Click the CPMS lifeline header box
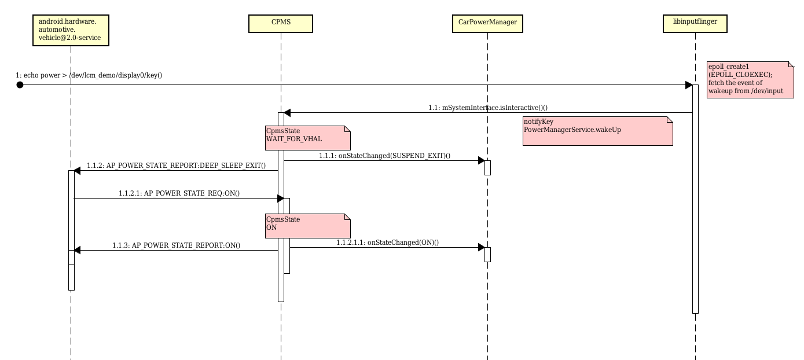[x=281, y=23]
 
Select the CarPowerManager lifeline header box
[x=487, y=23]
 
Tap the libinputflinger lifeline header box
[x=695, y=23]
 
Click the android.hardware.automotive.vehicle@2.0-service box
[x=71, y=30]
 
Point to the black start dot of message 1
[x=20, y=85]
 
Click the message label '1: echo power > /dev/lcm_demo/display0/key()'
[x=89, y=75]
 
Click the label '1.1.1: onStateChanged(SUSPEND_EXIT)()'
[x=384, y=156]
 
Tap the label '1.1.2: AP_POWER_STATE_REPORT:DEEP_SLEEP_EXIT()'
[x=176, y=166]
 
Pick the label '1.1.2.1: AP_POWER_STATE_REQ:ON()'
[x=179, y=193]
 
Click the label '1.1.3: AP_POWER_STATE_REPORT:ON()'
[x=176, y=245]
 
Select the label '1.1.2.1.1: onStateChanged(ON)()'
[x=387, y=243]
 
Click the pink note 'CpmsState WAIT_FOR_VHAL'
[x=307, y=137]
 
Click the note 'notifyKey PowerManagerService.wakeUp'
[x=597, y=131]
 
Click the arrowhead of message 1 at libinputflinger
[x=689, y=85]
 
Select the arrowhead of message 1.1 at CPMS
[x=287, y=113]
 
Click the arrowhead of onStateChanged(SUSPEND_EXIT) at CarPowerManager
[x=481, y=160]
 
